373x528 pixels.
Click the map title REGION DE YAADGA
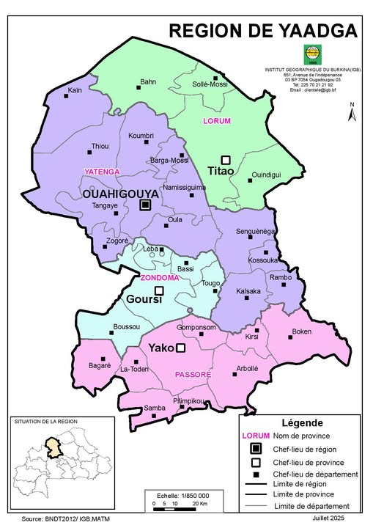263,30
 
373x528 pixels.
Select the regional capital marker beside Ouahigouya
145,205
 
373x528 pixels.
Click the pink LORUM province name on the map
218,120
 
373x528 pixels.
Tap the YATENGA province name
101,171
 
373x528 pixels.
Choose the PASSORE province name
193,375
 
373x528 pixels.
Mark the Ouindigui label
266,175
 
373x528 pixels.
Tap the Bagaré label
99,364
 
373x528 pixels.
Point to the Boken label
302,331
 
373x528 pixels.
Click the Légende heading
301,423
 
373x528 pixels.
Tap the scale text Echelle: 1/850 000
177,496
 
